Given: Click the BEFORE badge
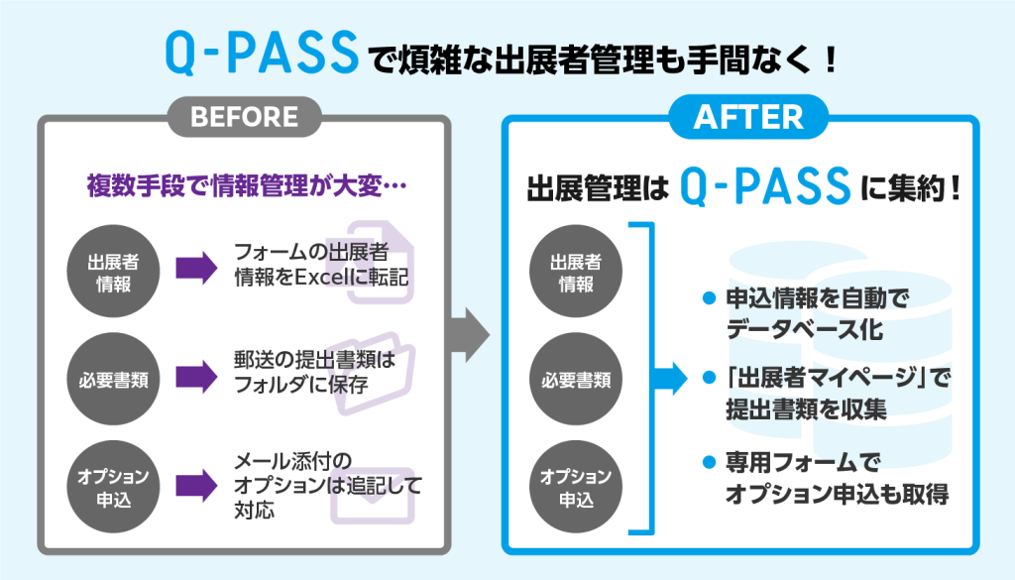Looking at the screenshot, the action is click(244, 117).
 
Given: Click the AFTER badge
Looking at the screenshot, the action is click(748, 117).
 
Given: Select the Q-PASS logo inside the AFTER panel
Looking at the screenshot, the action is click(764, 186).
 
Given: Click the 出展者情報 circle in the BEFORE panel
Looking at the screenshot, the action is click(113, 272).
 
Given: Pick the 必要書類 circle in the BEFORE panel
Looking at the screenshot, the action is click(113, 380).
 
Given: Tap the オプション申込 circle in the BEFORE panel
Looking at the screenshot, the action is click(113, 487).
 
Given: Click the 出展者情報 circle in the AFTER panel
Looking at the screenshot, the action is click(576, 272).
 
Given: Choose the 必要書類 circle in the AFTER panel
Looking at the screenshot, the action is click(576, 380).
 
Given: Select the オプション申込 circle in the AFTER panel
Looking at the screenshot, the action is click(576, 487).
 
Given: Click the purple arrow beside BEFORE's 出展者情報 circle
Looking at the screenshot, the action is click(197, 268).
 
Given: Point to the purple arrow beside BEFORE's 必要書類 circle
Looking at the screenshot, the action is click(197, 377).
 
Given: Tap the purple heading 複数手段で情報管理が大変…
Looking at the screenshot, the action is click(247, 185).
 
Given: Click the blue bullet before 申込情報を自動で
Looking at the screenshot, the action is click(709, 298).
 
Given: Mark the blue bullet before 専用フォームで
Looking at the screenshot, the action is click(709, 462).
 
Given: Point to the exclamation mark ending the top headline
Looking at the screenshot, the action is click(831, 58).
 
